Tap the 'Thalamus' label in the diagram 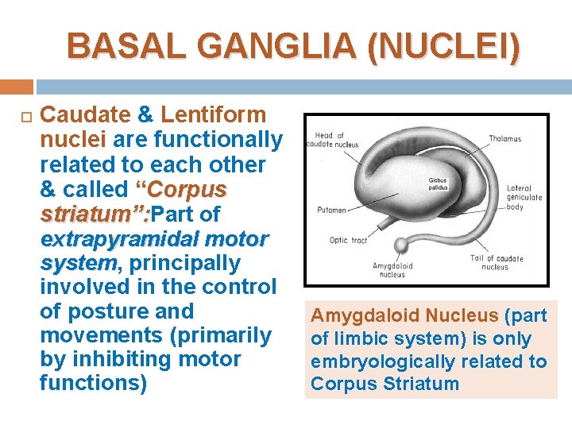coord(504,139)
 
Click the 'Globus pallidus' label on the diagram coord(437,185)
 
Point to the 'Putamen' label coord(330,211)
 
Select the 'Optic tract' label coord(349,240)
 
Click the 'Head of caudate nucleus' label coord(337,140)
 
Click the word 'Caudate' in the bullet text coord(85,115)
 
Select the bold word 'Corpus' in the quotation coord(187,189)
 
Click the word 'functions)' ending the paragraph coord(93,383)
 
